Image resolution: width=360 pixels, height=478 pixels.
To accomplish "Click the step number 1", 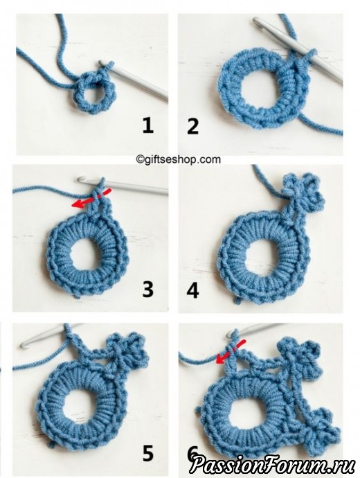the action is (x=148, y=126).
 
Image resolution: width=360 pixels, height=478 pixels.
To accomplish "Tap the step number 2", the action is (x=193, y=127).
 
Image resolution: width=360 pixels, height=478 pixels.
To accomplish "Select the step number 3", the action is (x=148, y=290).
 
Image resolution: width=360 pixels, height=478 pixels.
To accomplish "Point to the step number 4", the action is (x=192, y=291).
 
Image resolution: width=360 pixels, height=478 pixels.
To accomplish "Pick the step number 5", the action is (x=148, y=452).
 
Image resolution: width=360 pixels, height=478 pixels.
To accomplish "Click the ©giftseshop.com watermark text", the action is (x=178, y=159).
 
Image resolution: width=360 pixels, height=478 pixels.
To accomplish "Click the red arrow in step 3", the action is (x=91, y=199).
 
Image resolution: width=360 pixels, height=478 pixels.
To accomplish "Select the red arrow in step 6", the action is (x=231, y=351).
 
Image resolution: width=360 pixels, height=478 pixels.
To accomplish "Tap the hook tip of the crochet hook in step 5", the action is (x=24, y=345).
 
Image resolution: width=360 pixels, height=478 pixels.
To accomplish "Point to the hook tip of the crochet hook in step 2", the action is (x=256, y=21).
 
